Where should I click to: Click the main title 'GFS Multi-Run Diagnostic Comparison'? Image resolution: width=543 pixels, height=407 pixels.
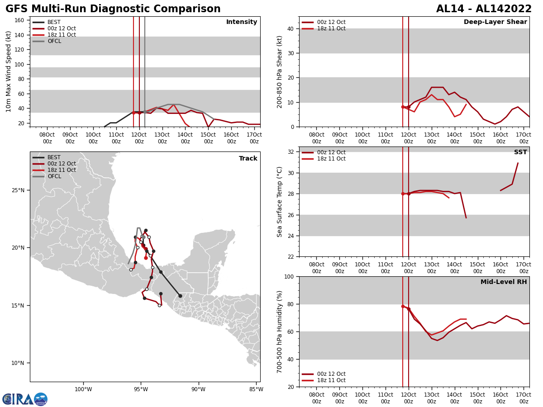click(x=113, y=9)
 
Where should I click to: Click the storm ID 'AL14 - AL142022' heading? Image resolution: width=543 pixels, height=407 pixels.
click(x=484, y=9)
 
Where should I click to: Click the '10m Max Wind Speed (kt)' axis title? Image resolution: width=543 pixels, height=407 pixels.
click(x=9, y=71)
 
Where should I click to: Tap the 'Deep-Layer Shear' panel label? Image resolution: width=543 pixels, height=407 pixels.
click(x=495, y=22)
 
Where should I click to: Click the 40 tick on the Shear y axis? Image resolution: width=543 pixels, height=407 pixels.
click(x=291, y=28)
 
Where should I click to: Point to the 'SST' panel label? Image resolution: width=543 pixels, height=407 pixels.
click(x=520, y=152)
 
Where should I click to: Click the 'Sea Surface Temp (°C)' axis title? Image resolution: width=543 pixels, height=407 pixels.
click(x=280, y=202)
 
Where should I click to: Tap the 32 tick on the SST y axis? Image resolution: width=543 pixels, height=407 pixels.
click(x=291, y=152)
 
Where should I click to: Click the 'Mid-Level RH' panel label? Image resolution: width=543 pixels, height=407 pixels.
click(x=504, y=282)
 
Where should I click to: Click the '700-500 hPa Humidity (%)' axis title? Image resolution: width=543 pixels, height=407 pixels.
click(x=280, y=331)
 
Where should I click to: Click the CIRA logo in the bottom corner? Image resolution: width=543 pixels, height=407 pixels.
click(x=25, y=399)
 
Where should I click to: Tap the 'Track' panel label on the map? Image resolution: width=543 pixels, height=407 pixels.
click(x=248, y=159)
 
